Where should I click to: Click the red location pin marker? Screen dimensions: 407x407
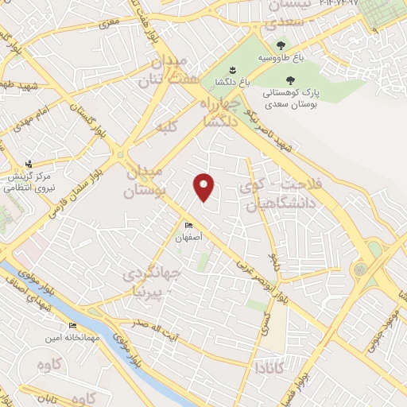(204, 186)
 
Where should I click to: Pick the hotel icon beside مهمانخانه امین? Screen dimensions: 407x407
(72, 325)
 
